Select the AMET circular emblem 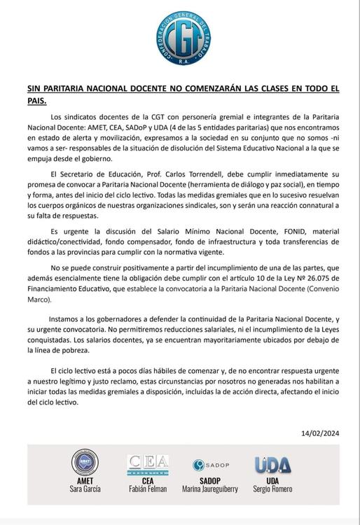[x=84, y=463]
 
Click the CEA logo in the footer [x=147, y=465]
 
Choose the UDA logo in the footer [x=272, y=465]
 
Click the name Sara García [x=84, y=489]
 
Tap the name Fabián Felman [x=147, y=489]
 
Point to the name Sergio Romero [x=272, y=489]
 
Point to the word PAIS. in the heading [x=36, y=100]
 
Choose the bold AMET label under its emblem [x=84, y=480]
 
